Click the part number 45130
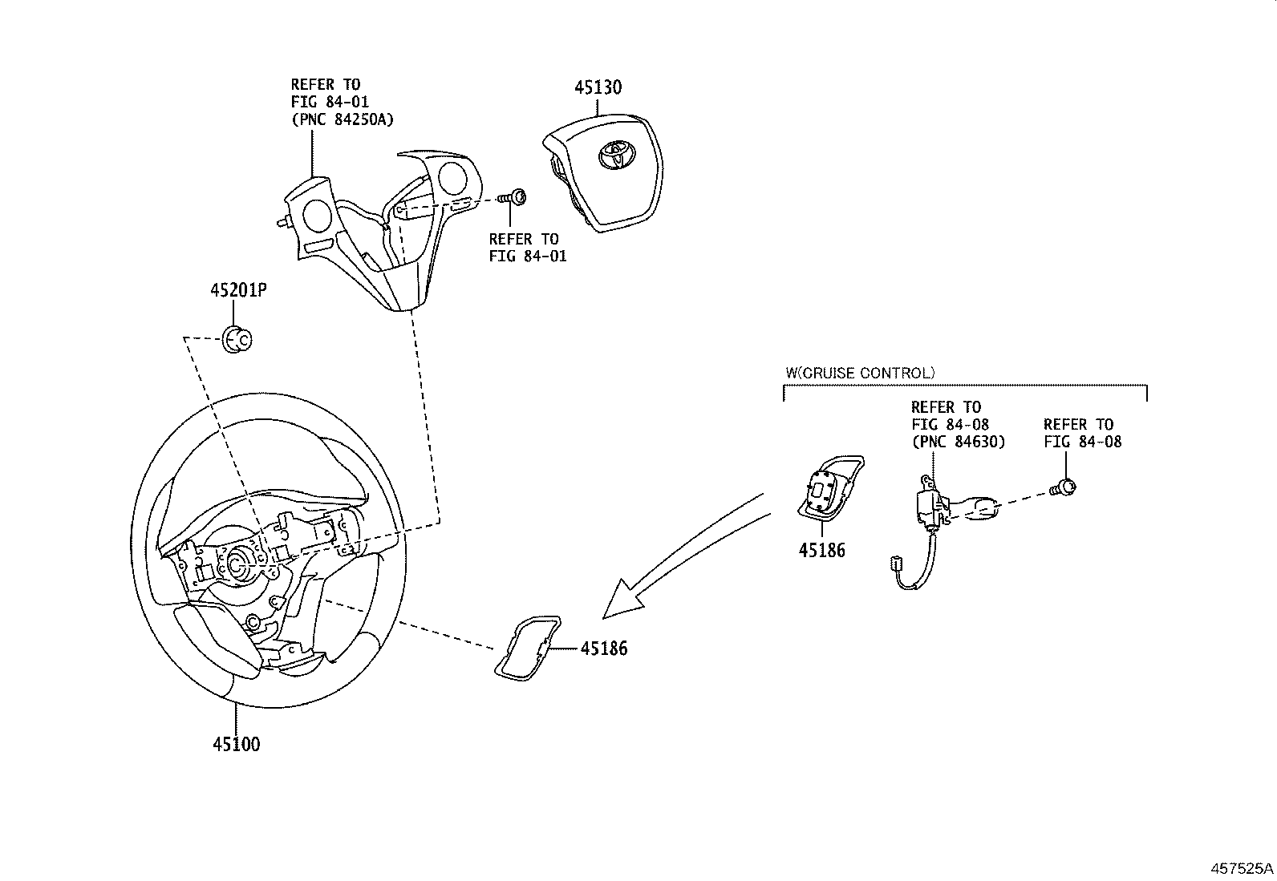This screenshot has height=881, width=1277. [x=597, y=87]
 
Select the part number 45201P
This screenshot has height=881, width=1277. [x=238, y=290]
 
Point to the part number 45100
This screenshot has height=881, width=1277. [x=237, y=744]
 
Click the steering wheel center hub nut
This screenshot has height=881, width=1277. [x=238, y=564]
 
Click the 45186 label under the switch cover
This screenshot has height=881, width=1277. [x=821, y=551]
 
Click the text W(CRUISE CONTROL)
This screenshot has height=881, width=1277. [x=859, y=373]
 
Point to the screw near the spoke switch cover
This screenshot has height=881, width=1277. [x=511, y=196]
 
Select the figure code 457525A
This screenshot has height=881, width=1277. [x=1242, y=869]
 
